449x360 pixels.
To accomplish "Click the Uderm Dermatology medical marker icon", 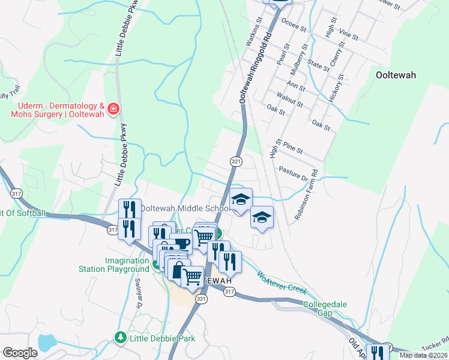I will coord(113,109).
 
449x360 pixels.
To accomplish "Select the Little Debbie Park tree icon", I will coord(120,338).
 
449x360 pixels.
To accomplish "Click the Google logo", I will coord(20,353).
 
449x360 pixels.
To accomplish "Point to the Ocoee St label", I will coord(294,28).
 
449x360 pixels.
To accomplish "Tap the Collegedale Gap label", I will coord(325,308).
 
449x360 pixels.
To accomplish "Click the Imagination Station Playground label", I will coord(127,265).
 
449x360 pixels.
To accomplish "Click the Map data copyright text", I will coord(423,355).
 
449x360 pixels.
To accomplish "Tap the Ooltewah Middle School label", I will coord(184,208).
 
